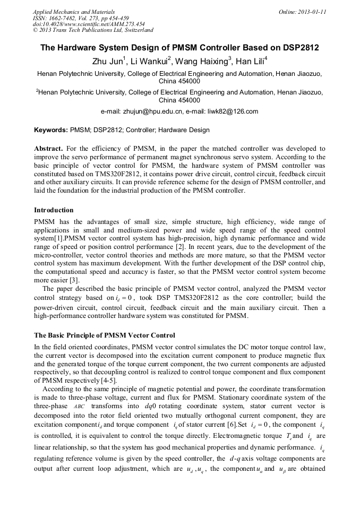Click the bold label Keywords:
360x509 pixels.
(51, 130)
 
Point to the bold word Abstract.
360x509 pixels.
(49, 149)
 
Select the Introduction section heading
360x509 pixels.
(54, 210)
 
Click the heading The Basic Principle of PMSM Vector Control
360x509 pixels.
(105, 335)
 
